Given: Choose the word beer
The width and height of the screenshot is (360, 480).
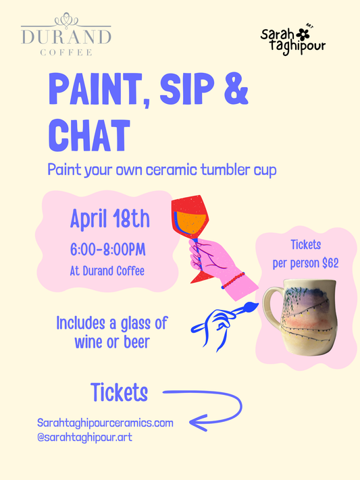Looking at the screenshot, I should tap(134, 342).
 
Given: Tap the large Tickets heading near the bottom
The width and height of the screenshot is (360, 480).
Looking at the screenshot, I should tap(119, 392).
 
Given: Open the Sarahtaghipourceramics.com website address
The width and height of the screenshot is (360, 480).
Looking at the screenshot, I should tap(105, 423).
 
